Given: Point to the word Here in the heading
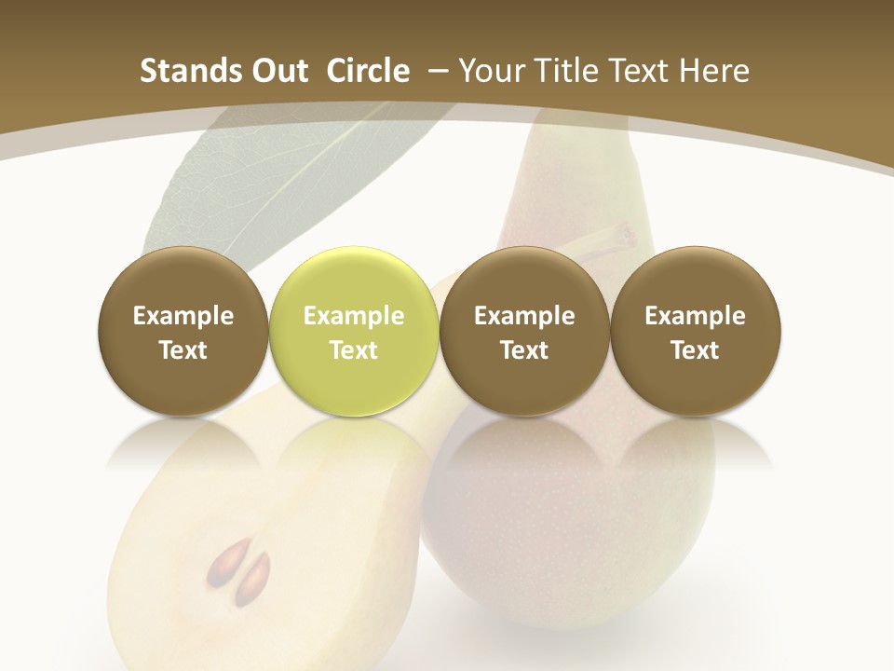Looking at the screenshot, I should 714,71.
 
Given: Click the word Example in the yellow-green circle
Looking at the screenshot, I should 354,316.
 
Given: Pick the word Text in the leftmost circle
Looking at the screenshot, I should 183,350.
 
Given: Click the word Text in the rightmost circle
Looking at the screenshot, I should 696,350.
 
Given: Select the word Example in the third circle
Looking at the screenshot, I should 524,316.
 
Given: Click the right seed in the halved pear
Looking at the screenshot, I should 253,578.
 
